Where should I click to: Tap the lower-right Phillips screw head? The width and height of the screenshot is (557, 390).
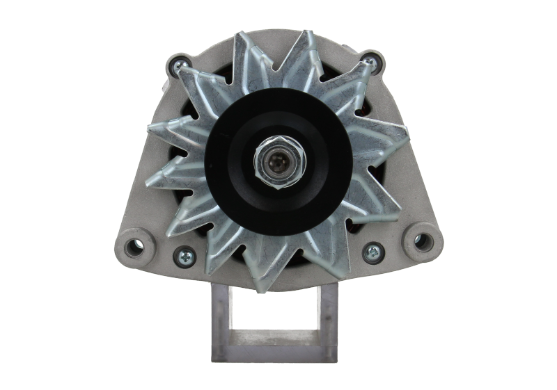point(373,252)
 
